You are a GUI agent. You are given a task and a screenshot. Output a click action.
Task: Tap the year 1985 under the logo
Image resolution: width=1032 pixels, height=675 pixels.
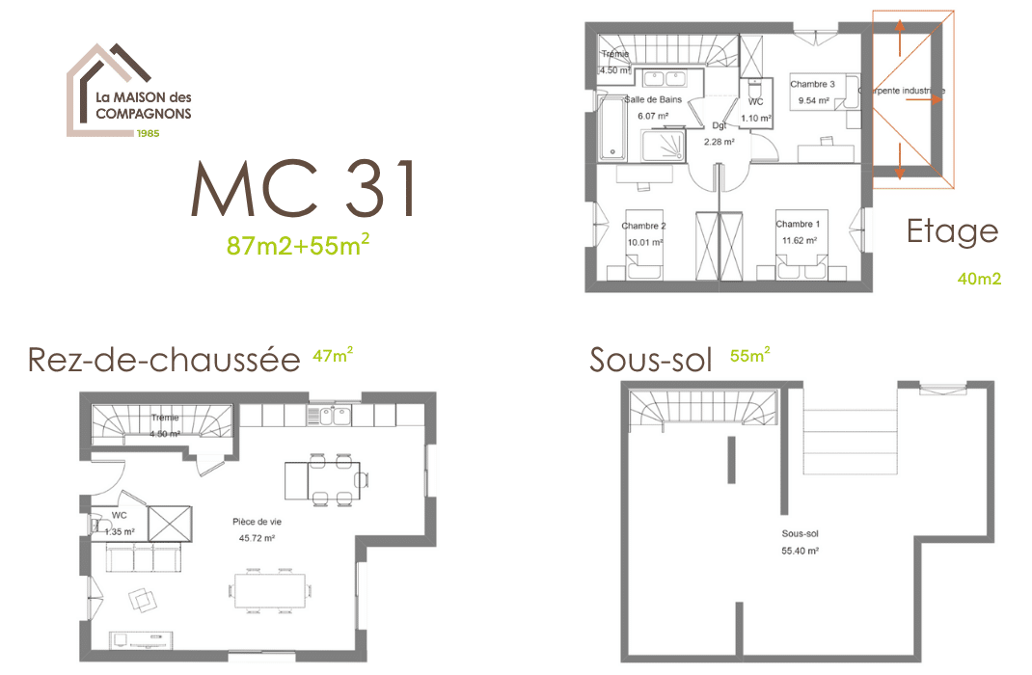148,132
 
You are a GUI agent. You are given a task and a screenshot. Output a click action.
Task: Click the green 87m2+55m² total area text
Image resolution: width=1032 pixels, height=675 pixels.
298,245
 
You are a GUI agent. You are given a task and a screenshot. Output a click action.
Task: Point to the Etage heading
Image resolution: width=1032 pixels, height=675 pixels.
951,231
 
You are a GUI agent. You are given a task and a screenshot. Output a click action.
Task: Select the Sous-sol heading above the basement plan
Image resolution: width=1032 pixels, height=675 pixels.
650,360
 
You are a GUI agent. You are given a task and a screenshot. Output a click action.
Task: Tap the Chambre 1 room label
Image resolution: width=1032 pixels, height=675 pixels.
798,225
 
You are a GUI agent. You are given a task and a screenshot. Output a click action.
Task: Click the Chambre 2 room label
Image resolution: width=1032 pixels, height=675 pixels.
643,227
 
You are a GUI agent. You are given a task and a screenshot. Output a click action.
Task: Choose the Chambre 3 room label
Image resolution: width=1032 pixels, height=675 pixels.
812,85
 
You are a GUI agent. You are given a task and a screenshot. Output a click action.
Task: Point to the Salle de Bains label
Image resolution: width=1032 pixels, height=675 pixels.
654,99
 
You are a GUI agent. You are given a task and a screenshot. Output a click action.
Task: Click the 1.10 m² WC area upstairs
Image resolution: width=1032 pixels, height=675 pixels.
755,119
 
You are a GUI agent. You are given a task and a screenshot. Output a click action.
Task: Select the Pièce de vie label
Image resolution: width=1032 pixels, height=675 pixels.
257,522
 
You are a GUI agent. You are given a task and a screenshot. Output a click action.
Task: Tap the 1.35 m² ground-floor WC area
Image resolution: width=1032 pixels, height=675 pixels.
120,531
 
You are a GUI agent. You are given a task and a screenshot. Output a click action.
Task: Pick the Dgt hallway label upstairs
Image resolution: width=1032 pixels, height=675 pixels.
719,125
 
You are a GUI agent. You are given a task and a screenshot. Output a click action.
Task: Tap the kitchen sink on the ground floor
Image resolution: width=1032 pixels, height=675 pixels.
334,416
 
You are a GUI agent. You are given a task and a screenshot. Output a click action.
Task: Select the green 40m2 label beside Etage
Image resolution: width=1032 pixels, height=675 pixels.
979,280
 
